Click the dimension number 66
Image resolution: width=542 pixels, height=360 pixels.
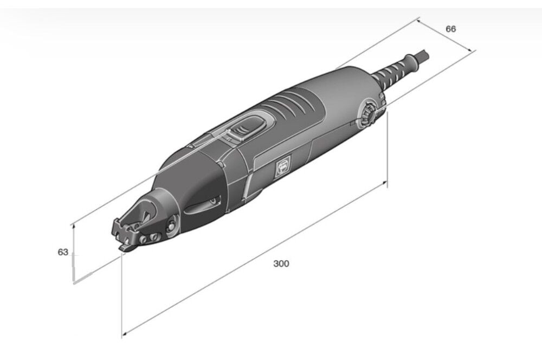pos(451,29)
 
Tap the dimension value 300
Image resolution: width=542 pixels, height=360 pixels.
pos(281,263)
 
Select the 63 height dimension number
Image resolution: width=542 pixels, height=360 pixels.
pos(63,253)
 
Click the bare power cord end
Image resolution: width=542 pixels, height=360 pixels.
pos(423,55)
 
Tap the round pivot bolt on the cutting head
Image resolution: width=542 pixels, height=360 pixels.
pos(171,226)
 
